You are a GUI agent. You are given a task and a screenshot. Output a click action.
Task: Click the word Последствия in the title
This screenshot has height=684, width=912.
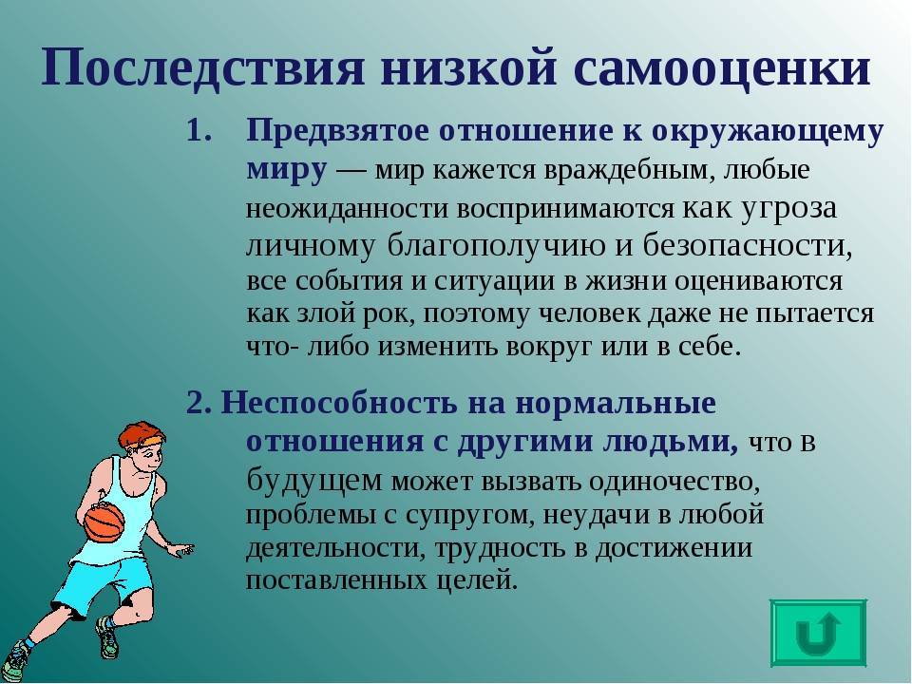point(203,67)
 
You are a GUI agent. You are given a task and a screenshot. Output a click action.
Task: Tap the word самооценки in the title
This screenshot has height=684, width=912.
point(721,69)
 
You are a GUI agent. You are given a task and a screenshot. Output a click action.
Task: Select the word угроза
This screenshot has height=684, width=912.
point(788,209)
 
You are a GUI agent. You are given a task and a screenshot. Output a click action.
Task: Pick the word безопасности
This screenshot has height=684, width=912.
point(748,247)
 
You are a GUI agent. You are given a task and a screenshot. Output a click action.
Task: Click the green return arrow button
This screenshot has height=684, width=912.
point(818,633)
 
